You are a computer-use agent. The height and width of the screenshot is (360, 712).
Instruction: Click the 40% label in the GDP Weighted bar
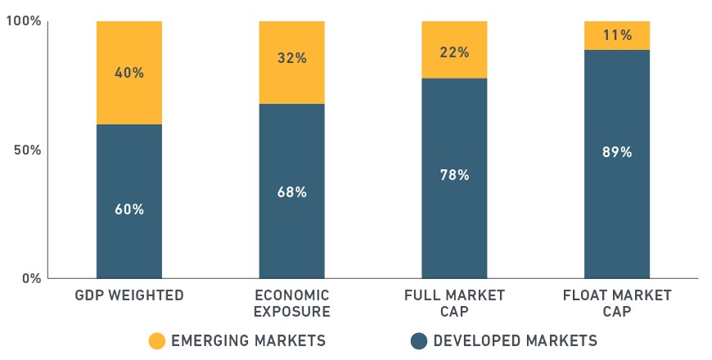pyautogui.click(x=129, y=73)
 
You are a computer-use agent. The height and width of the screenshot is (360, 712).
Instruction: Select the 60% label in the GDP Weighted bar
pyautogui.click(x=129, y=209)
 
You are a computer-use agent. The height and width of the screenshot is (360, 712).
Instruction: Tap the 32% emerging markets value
pyautogui.click(x=292, y=58)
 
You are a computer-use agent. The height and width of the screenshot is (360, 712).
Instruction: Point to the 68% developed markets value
pyautogui.click(x=292, y=192)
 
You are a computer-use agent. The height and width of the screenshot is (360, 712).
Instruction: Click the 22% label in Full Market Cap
pyautogui.click(x=454, y=52)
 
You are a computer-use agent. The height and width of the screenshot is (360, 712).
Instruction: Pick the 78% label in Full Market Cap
pyautogui.click(x=454, y=175)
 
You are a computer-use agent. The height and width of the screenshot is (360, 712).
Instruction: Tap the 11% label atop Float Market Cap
pyautogui.click(x=617, y=35)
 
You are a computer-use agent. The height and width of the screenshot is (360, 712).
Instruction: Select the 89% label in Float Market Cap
pyautogui.click(x=617, y=152)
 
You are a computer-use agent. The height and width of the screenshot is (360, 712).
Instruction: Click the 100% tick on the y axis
pyautogui.click(x=24, y=21)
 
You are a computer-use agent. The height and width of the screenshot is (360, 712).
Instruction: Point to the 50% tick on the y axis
pyautogui.click(x=28, y=150)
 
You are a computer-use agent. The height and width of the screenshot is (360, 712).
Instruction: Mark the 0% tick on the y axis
pyautogui.click(x=32, y=278)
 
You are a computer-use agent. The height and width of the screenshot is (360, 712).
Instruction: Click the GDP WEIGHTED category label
pyautogui.click(x=129, y=295)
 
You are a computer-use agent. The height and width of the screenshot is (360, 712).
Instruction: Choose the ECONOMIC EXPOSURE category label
pyautogui.click(x=292, y=304)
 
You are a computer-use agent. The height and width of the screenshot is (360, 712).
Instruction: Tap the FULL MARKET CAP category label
pyautogui.click(x=454, y=304)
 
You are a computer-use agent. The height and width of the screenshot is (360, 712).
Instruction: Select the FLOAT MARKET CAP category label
pyautogui.click(x=617, y=304)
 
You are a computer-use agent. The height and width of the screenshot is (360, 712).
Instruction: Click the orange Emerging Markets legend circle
pyautogui.click(x=157, y=341)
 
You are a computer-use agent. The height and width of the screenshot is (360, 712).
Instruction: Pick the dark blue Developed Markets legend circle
pyautogui.click(x=419, y=341)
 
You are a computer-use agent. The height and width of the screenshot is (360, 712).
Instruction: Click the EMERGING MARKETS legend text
pyautogui.click(x=249, y=340)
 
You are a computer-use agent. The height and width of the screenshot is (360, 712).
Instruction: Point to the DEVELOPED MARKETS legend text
pyautogui.click(x=516, y=340)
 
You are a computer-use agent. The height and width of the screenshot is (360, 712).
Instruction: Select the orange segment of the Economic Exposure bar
pyautogui.click(x=292, y=63)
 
